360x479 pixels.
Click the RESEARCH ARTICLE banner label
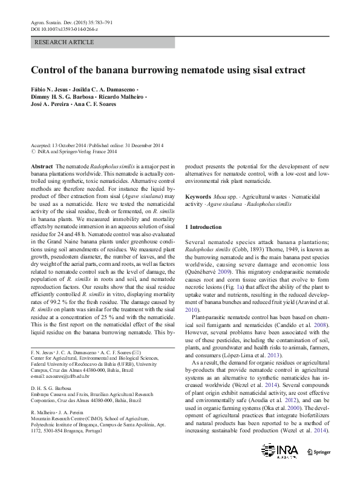click(x=65, y=42)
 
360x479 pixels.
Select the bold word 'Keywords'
click(x=198, y=197)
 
